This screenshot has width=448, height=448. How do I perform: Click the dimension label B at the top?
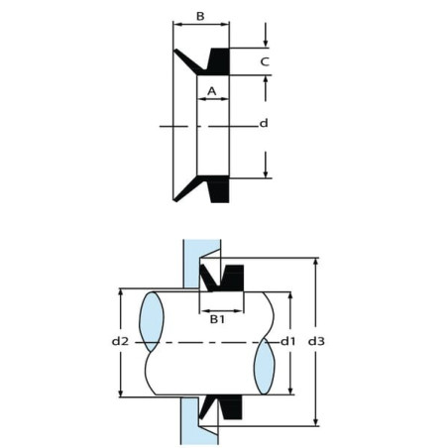[x=200, y=16]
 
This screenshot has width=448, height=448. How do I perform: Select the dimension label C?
[x=265, y=61]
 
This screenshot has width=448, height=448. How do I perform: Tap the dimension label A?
[x=212, y=91]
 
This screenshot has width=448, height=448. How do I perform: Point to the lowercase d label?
[x=264, y=123]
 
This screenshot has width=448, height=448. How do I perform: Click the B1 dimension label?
[x=218, y=319]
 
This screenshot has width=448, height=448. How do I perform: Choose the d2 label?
[x=120, y=341]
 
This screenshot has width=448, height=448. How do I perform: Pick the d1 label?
[x=288, y=341]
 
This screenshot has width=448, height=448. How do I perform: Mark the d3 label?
[x=316, y=341]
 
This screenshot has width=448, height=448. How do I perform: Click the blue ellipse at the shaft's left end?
[x=152, y=321]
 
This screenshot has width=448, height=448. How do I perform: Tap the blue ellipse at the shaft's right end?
[x=264, y=366]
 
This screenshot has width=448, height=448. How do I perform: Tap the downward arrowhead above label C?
[x=265, y=44]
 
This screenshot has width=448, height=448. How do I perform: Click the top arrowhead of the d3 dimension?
[x=316, y=262]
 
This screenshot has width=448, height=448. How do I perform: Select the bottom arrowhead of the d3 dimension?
[x=316, y=422]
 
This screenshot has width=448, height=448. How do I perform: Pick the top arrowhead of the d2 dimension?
[x=121, y=292]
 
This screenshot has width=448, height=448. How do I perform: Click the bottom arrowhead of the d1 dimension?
[x=290, y=391]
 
